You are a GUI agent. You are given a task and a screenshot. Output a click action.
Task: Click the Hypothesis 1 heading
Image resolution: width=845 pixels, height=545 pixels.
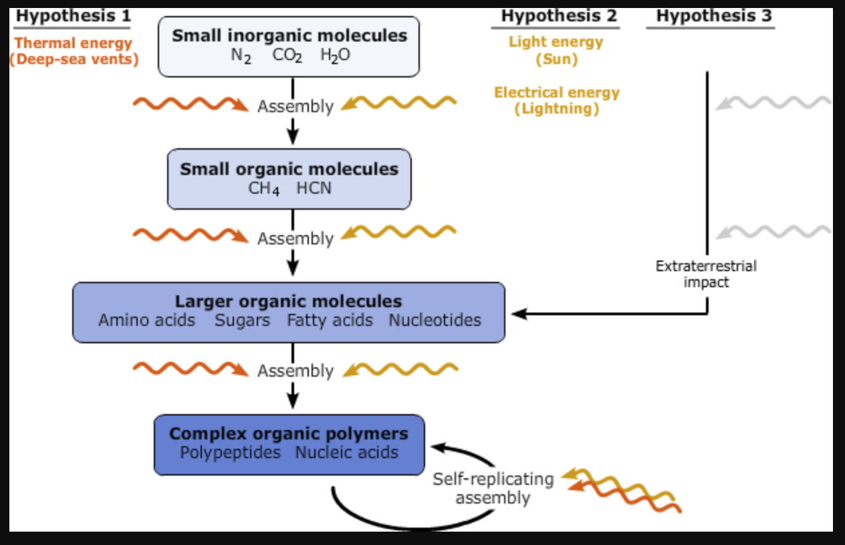(x=73, y=16)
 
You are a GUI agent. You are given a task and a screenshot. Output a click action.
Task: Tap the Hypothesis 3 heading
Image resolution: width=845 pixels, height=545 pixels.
(x=713, y=16)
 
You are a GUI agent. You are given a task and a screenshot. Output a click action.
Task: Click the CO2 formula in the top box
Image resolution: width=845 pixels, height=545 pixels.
(x=287, y=56)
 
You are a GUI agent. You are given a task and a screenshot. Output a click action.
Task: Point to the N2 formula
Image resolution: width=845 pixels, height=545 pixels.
(x=241, y=56)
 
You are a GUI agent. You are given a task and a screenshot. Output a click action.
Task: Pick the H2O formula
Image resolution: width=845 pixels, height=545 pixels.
(x=335, y=56)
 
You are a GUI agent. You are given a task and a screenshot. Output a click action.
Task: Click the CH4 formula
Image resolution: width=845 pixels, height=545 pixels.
(x=263, y=188)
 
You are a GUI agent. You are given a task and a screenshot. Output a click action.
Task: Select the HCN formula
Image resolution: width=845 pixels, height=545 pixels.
(x=314, y=188)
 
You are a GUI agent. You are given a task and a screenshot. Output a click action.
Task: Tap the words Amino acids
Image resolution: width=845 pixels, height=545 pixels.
(x=146, y=321)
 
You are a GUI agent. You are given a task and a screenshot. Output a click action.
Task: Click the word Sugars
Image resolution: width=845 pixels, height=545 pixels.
(x=242, y=321)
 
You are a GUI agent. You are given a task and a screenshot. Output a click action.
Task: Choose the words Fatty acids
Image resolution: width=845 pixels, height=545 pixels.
(x=330, y=321)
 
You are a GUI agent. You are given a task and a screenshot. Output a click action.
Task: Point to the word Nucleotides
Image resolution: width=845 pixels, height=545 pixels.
(x=435, y=321)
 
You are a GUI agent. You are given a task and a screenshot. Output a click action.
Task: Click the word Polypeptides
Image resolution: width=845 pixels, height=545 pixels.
(x=230, y=453)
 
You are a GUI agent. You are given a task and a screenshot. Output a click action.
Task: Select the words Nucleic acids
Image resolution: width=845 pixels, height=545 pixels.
(x=347, y=453)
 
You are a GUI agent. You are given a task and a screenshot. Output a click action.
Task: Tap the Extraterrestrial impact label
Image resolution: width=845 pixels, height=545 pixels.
(x=706, y=274)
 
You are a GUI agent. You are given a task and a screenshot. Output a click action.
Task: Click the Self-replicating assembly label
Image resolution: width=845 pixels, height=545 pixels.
(x=493, y=488)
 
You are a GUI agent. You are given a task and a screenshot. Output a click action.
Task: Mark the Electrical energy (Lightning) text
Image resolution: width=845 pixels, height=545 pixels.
(x=556, y=101)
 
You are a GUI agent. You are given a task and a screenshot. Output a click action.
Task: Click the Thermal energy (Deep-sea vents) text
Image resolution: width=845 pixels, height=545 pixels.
(x=74, y=51)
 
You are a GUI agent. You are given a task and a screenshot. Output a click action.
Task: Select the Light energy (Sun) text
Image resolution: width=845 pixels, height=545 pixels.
(x=556, y=50)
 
